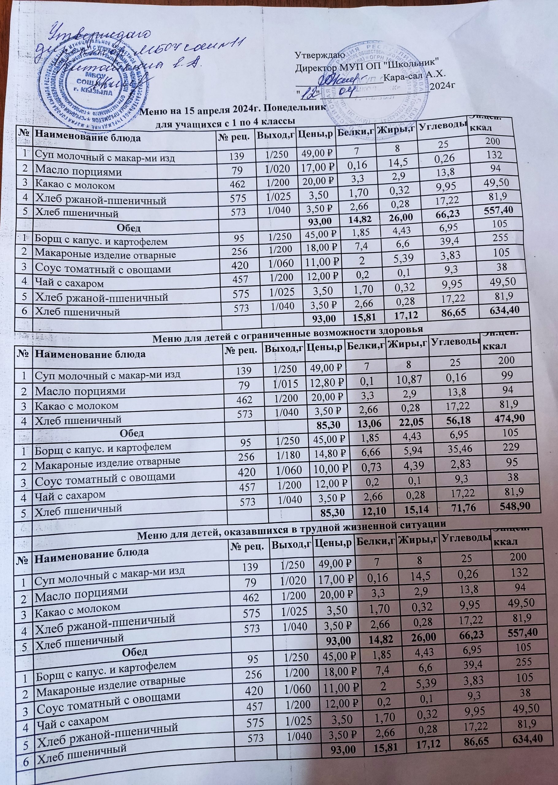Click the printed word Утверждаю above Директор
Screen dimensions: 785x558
[x=318, y=55]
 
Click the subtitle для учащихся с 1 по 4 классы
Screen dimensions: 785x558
[x=223, y=121]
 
